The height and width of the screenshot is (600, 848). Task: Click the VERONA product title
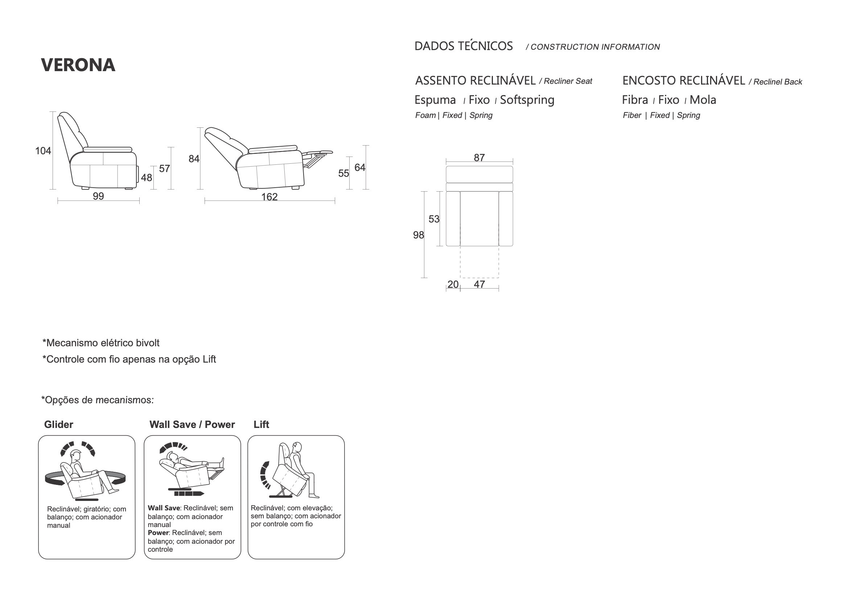pyautogui.click(x=78, y=65)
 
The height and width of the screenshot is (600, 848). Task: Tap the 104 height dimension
pyautogui.click(x=43, y=151)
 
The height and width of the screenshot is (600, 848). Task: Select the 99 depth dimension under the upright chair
pyautogui.click(x=98, y=196)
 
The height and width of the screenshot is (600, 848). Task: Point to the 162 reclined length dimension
pyautogui.click(x=269, y=197)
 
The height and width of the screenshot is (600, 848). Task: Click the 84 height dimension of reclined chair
pyautogui.click(x=194, y=159)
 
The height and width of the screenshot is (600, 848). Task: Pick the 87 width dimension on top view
pyautogui.click(x=479, y=158)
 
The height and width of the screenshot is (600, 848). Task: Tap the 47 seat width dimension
pyautogui.click(x=479, y=284)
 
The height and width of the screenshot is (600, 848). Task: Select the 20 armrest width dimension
pyautogui.click(x=453, y=284)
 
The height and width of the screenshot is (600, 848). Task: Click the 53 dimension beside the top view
pyautogui.click(x=434, y=219)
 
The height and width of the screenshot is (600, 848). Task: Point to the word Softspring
pyautogui.click(x=527, y=100)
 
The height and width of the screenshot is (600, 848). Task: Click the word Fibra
pyautogui.click(x=635, y=100)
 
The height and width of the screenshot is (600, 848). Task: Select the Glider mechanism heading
pyautogui.click(x=59, y=424)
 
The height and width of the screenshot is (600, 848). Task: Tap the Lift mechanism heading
pyautogui.click(x=261, y=424)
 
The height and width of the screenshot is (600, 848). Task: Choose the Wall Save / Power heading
pyautogui.click(x=192, y=424)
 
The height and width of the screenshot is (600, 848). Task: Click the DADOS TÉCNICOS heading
pyautogui.click(x=464, y=46)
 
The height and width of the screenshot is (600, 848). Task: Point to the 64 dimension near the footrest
pyautogui.click(x=360, y=167)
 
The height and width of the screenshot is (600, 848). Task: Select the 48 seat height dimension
pyautogui.click(x=146, y=178)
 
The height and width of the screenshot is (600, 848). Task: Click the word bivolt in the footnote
pyautogui.click(x=147, y=343)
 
